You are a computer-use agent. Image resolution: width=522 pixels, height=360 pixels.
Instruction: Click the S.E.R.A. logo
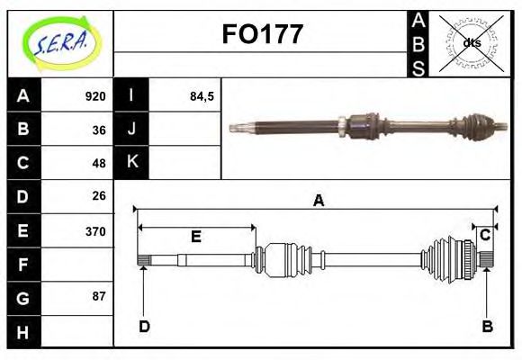click(x=59, y=43)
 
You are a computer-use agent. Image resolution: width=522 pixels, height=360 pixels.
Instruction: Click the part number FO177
click(x=262, y=35)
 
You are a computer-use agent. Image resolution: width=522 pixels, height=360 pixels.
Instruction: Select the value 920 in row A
click(x=95, y=96)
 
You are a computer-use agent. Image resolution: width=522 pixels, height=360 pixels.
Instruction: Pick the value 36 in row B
click(x=99, y=130)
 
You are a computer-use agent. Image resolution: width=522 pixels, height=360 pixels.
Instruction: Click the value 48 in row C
click(x=99, y=163)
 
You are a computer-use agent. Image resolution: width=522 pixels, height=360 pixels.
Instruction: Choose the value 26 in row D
click(x=99, y=195)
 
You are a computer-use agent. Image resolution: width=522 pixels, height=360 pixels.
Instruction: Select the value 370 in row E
click(x=95, y=230)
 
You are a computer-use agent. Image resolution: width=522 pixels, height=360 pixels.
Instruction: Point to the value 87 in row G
click(x=99, y=296)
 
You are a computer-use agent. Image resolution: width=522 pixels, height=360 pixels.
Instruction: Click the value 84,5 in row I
click(x=202, y=96)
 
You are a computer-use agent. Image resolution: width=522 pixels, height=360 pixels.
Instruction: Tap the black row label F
click(x=23, y=265)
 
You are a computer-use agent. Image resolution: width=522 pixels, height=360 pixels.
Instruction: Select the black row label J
click(x=132, y=130)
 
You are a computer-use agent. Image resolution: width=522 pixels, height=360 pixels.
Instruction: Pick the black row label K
click(x=132, y=163)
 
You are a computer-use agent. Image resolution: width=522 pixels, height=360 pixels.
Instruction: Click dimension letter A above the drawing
click(x=318, y=201)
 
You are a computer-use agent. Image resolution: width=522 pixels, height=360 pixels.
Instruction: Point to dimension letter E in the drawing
click(x=195, y=238)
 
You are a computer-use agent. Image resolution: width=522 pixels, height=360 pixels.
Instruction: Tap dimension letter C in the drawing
click(x=484, y=236)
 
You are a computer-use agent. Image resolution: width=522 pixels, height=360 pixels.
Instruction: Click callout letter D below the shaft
click(x=144, y=326)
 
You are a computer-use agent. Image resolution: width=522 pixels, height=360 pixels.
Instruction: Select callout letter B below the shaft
click(x=487, y=326)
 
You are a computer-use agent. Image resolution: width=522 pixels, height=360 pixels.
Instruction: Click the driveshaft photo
click(x=364, y=125)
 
